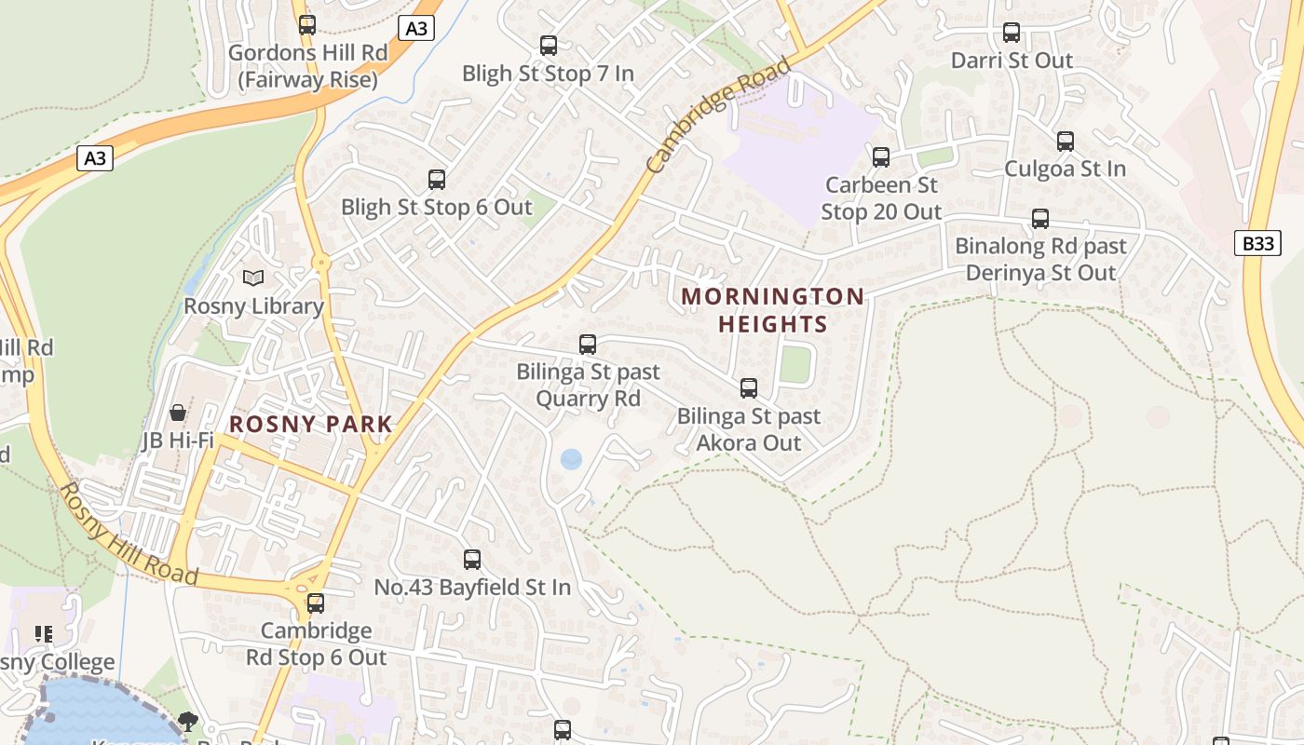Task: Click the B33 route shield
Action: [x=1258, y=244]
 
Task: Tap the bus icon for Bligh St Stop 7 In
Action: [x=549, y=45]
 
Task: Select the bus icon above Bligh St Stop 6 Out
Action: [x=436, y=179]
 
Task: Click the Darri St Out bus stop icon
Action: [x=1012, y=33]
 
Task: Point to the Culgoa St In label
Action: [x=1065, y=169]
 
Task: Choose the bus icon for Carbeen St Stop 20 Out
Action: [x=881, y=156]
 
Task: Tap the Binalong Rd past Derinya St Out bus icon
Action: [x=1040, y=219]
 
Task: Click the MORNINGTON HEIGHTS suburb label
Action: [x=772, y=310]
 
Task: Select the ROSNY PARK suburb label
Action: [x=311, y=425]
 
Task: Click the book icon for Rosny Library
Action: [x=252, y=278]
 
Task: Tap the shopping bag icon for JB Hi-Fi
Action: [x=177, y=412]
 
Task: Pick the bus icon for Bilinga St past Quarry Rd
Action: [x=588, y=345]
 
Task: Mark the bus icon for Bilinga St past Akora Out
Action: [x=749, y=388]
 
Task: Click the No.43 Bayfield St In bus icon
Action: [x=472, y=560]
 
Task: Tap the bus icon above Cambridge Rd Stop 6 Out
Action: [x=316, y=603]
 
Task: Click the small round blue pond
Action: [x=571, y=459]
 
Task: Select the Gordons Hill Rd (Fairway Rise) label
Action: [x=307, y=66]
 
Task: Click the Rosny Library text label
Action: [x=253, y=305]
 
